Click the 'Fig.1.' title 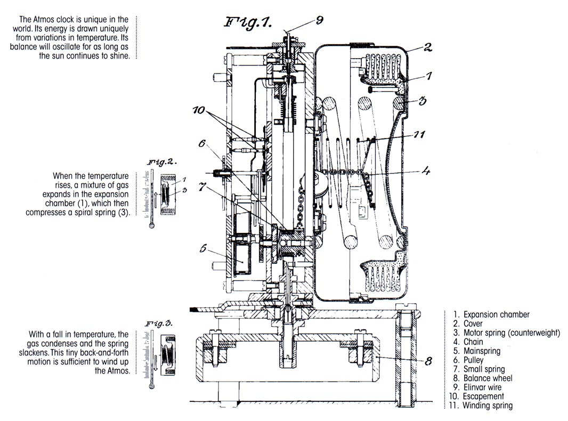click(248, 22)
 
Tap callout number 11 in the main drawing click(419, 135)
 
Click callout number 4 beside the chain click(426, 172)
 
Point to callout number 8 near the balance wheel click(427, 361)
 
